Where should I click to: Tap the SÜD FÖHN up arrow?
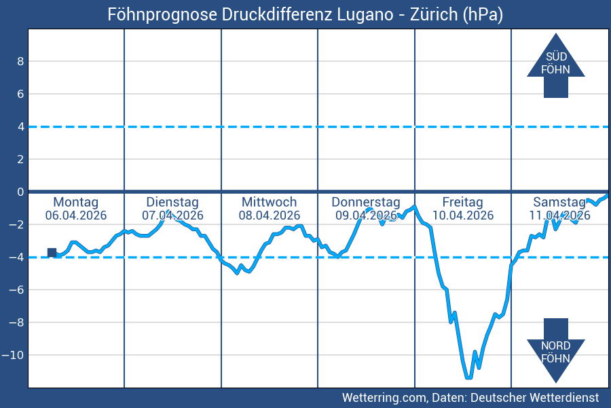(555, 65)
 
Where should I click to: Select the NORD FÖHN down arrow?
(555, 351)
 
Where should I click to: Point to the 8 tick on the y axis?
(20, 61)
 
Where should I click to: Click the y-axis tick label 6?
(20, 94)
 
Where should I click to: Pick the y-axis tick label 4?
(20, 126)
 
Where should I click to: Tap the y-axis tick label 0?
(20, 192)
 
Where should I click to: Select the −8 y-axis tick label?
(16, 322)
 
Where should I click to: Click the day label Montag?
(75, 202)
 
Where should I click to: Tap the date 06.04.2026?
(75, 216)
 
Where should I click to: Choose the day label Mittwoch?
(269, 202)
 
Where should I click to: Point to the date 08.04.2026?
(269, 216)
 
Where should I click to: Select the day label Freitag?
(462, 202)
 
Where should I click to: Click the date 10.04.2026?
(462, 216)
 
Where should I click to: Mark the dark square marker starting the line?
(52, 252)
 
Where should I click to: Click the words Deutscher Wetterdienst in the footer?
(534, 397)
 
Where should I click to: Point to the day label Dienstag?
(172, 202)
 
